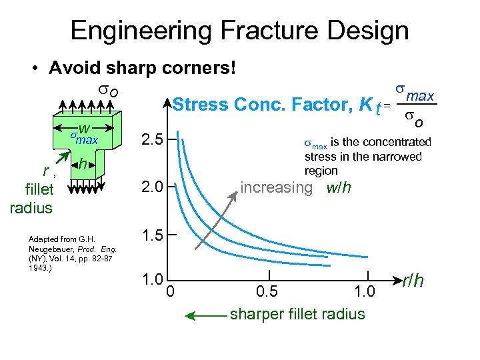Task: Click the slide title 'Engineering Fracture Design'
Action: (239, 31)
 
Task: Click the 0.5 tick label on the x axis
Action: (268, 291)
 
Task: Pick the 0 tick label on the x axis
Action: (170, 291)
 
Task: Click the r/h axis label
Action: (413, 282)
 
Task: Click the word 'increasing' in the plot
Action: (275, 187)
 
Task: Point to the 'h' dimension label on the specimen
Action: (81, 163)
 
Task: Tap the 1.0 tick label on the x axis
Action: (366, 291)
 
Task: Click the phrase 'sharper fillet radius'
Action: (297, 314)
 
